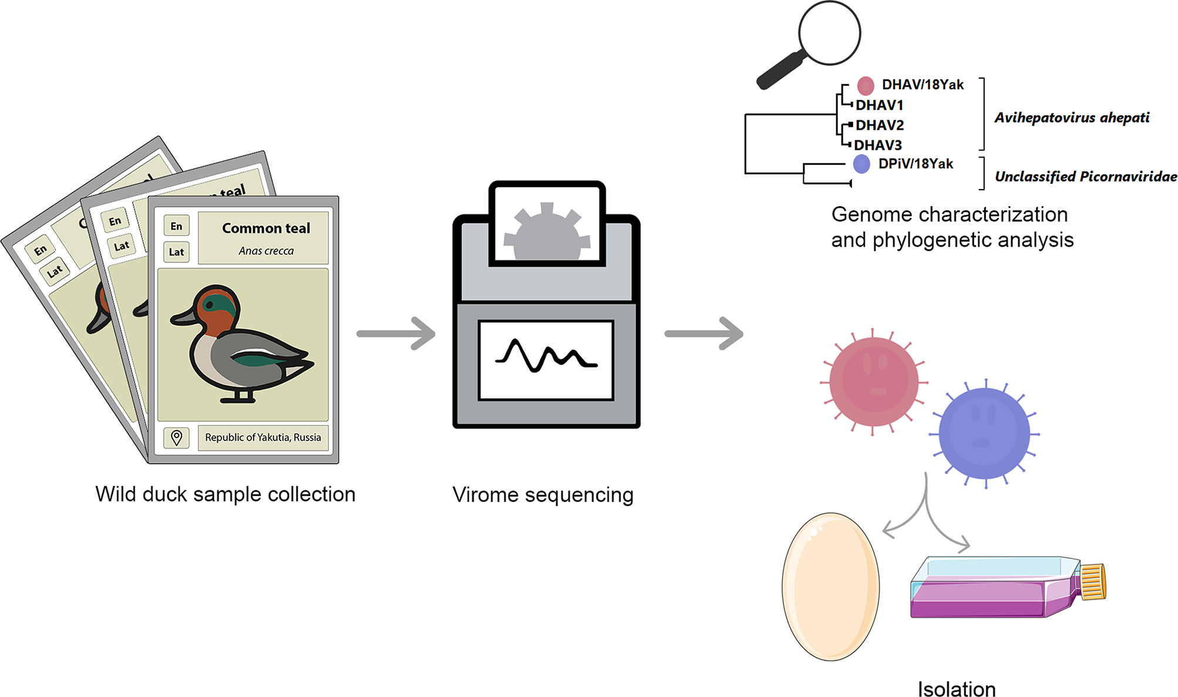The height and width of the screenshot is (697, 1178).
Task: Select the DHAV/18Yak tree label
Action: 923,85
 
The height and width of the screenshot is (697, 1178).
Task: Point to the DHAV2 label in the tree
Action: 879,125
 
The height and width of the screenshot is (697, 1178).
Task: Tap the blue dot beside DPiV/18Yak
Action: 861,164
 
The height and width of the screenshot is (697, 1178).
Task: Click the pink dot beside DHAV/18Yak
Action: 865,86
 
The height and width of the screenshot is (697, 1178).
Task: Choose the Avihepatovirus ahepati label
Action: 1072,118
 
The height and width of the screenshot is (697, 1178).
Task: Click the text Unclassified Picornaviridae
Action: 1085,177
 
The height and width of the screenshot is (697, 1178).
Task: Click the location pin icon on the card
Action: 176,437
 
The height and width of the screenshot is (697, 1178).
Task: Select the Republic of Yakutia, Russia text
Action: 263,437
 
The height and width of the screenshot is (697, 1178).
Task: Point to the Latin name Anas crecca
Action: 266,251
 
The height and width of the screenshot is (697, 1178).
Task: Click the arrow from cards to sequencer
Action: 396,334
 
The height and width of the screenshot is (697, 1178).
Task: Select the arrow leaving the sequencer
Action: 704,334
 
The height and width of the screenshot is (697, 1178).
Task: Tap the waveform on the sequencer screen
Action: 546,356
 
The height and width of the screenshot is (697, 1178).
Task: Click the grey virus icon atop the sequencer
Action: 547,232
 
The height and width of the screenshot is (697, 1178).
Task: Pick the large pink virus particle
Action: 873,382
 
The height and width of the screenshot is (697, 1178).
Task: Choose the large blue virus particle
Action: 984,434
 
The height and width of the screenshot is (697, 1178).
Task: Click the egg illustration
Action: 830,587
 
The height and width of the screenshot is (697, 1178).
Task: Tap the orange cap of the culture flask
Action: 1093,582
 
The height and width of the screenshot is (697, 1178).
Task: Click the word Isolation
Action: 957,689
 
